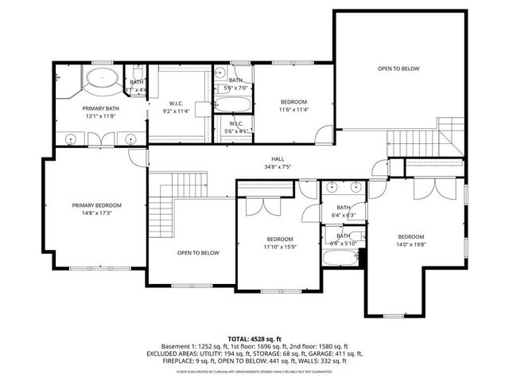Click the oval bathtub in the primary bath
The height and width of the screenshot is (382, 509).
(x=102, y=80)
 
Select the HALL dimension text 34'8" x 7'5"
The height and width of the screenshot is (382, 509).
(x=278, y=167)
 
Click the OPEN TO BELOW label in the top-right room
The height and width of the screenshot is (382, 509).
(x=398, y=68)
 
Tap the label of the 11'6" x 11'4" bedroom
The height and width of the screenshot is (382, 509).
(x=293, y=102)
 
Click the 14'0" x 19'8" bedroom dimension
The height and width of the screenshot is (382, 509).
(x=410, y=246)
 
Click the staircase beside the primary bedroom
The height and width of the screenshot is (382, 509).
(x=162, y=211)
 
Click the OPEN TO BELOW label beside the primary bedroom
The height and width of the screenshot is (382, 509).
(x=198, y=253)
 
